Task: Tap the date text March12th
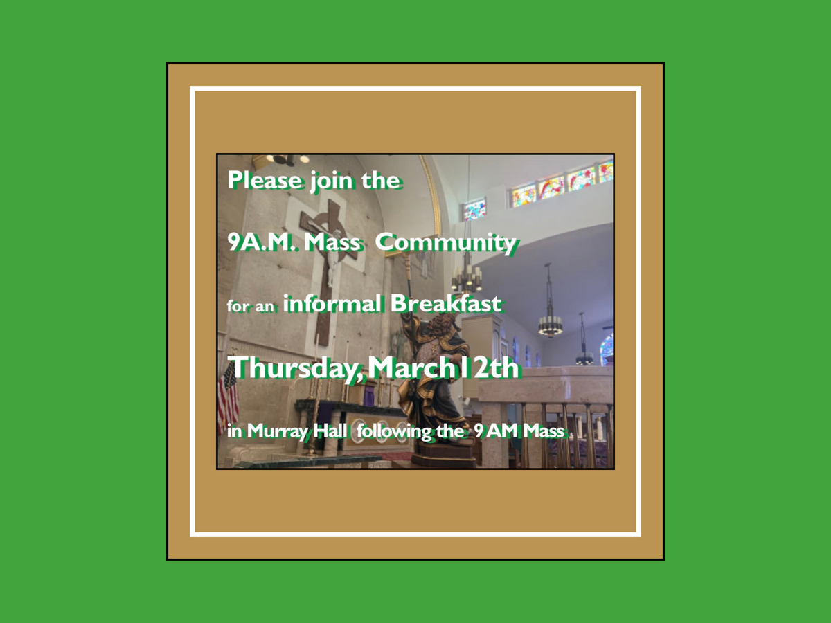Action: (443, 368)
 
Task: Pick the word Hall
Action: (334, 430)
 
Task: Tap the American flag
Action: (228, 398)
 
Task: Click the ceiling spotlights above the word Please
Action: (288, 160)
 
